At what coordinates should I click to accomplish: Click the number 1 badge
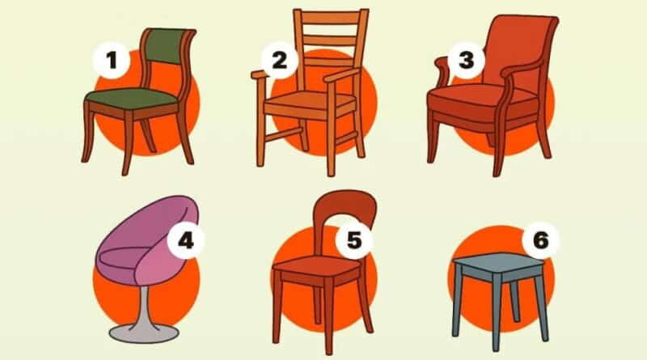[x=112, y=61]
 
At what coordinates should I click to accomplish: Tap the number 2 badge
[x=279, y=61]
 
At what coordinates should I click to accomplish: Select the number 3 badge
[x=467, y=61]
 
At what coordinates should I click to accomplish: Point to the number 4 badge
[x=186, y=240]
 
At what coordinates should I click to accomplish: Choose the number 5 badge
[x=354, y=240]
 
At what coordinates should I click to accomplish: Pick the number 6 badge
[x=540, y=240]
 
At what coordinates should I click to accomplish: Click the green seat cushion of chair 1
[x=132, y=98]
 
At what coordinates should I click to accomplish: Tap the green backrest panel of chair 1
[x=167, y=46]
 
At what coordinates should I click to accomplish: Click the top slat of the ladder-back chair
[x=331, y=17]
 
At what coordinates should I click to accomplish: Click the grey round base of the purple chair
[x=144, y=332]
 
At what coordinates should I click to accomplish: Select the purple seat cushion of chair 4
[x=120, y=259]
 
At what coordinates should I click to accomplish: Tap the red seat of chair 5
[x=318, y=266]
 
